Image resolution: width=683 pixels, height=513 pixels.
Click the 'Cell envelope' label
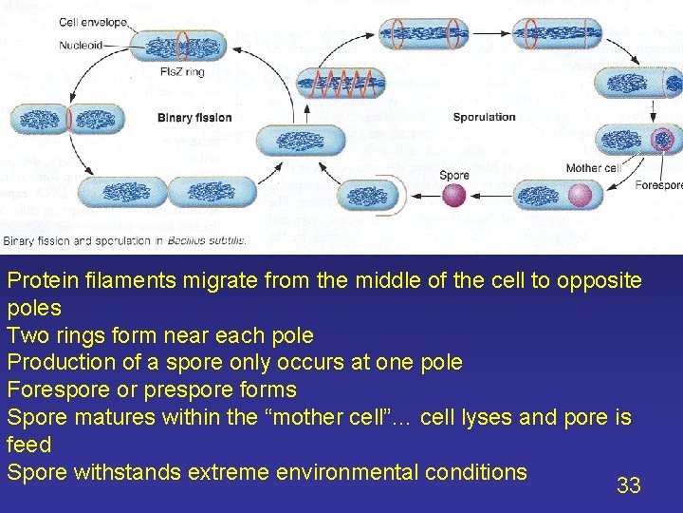point(93,22)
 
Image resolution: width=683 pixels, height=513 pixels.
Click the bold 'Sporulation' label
point(485,117)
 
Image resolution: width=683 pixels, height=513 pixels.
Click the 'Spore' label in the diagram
point(454,176)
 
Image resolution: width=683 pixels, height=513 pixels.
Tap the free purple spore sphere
point(454,196)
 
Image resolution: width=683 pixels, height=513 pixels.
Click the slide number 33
point(629,485)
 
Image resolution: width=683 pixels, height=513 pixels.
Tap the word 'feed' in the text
point(28,444)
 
